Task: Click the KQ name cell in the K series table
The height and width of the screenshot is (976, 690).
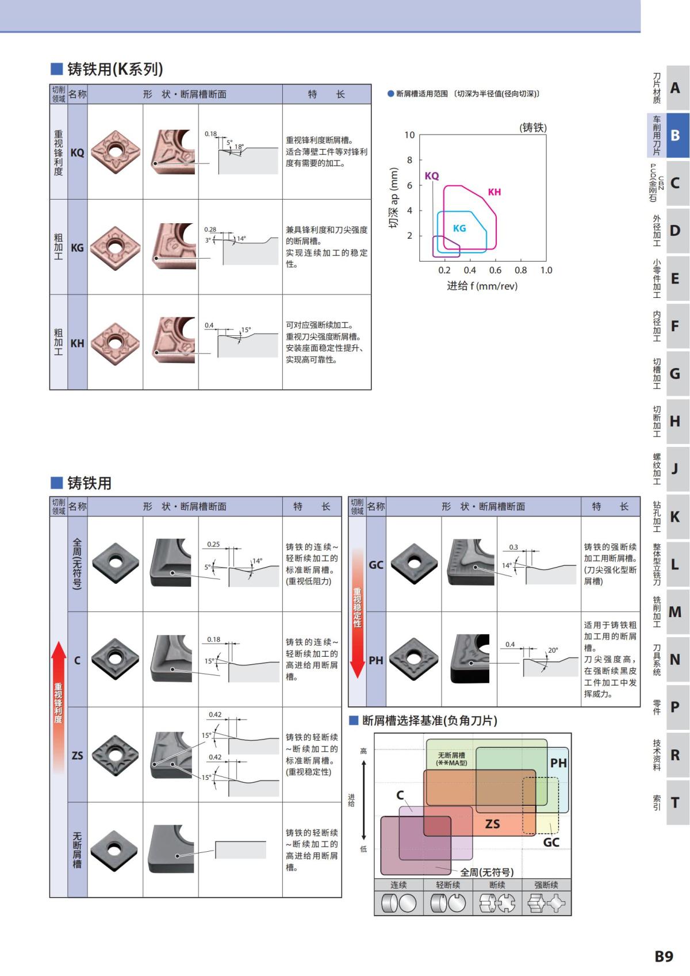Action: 77,152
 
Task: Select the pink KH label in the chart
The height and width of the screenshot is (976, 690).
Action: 494,192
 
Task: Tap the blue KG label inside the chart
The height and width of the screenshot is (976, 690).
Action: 459,228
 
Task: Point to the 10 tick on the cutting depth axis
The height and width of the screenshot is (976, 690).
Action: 409,135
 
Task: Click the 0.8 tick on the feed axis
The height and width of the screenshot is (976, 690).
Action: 520,270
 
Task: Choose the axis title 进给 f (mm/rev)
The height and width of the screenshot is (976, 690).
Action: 482,286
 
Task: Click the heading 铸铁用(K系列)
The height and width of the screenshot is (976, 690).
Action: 115,69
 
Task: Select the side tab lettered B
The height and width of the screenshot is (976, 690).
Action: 675,135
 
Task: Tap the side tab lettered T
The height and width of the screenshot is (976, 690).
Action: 675,802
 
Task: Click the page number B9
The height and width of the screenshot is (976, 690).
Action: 664,956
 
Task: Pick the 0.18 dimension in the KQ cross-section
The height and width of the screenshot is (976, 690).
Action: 211,134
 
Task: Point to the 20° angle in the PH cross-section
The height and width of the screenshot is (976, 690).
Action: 553,650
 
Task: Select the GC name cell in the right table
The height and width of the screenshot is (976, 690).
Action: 376,565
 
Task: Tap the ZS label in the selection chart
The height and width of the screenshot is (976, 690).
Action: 493,824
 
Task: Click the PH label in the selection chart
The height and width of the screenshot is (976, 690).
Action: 558,763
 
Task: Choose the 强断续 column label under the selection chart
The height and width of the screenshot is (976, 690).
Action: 546,885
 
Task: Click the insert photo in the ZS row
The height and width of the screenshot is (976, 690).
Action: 116,755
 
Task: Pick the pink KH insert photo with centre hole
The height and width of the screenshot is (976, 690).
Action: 116,343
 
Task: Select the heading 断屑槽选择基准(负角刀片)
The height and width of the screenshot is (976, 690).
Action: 429,721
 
